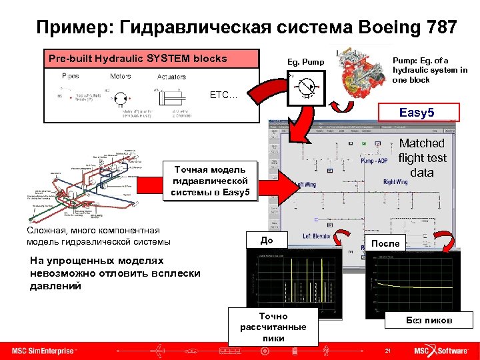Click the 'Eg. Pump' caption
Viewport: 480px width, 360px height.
[x=305, y=63]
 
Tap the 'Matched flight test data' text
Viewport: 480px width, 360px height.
[x=421, y=158]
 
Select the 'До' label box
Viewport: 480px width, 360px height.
[x=267, y=240]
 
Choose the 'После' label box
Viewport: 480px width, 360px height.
[x=385, y=243]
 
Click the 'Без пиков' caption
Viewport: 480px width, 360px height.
[x=429, y=321]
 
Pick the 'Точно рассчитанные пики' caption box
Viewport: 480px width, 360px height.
[x=273, y=327]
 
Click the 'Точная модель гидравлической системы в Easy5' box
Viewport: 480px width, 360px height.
[x=210, y=181]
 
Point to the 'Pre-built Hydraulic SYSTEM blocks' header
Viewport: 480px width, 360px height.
[x=138, y=58]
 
